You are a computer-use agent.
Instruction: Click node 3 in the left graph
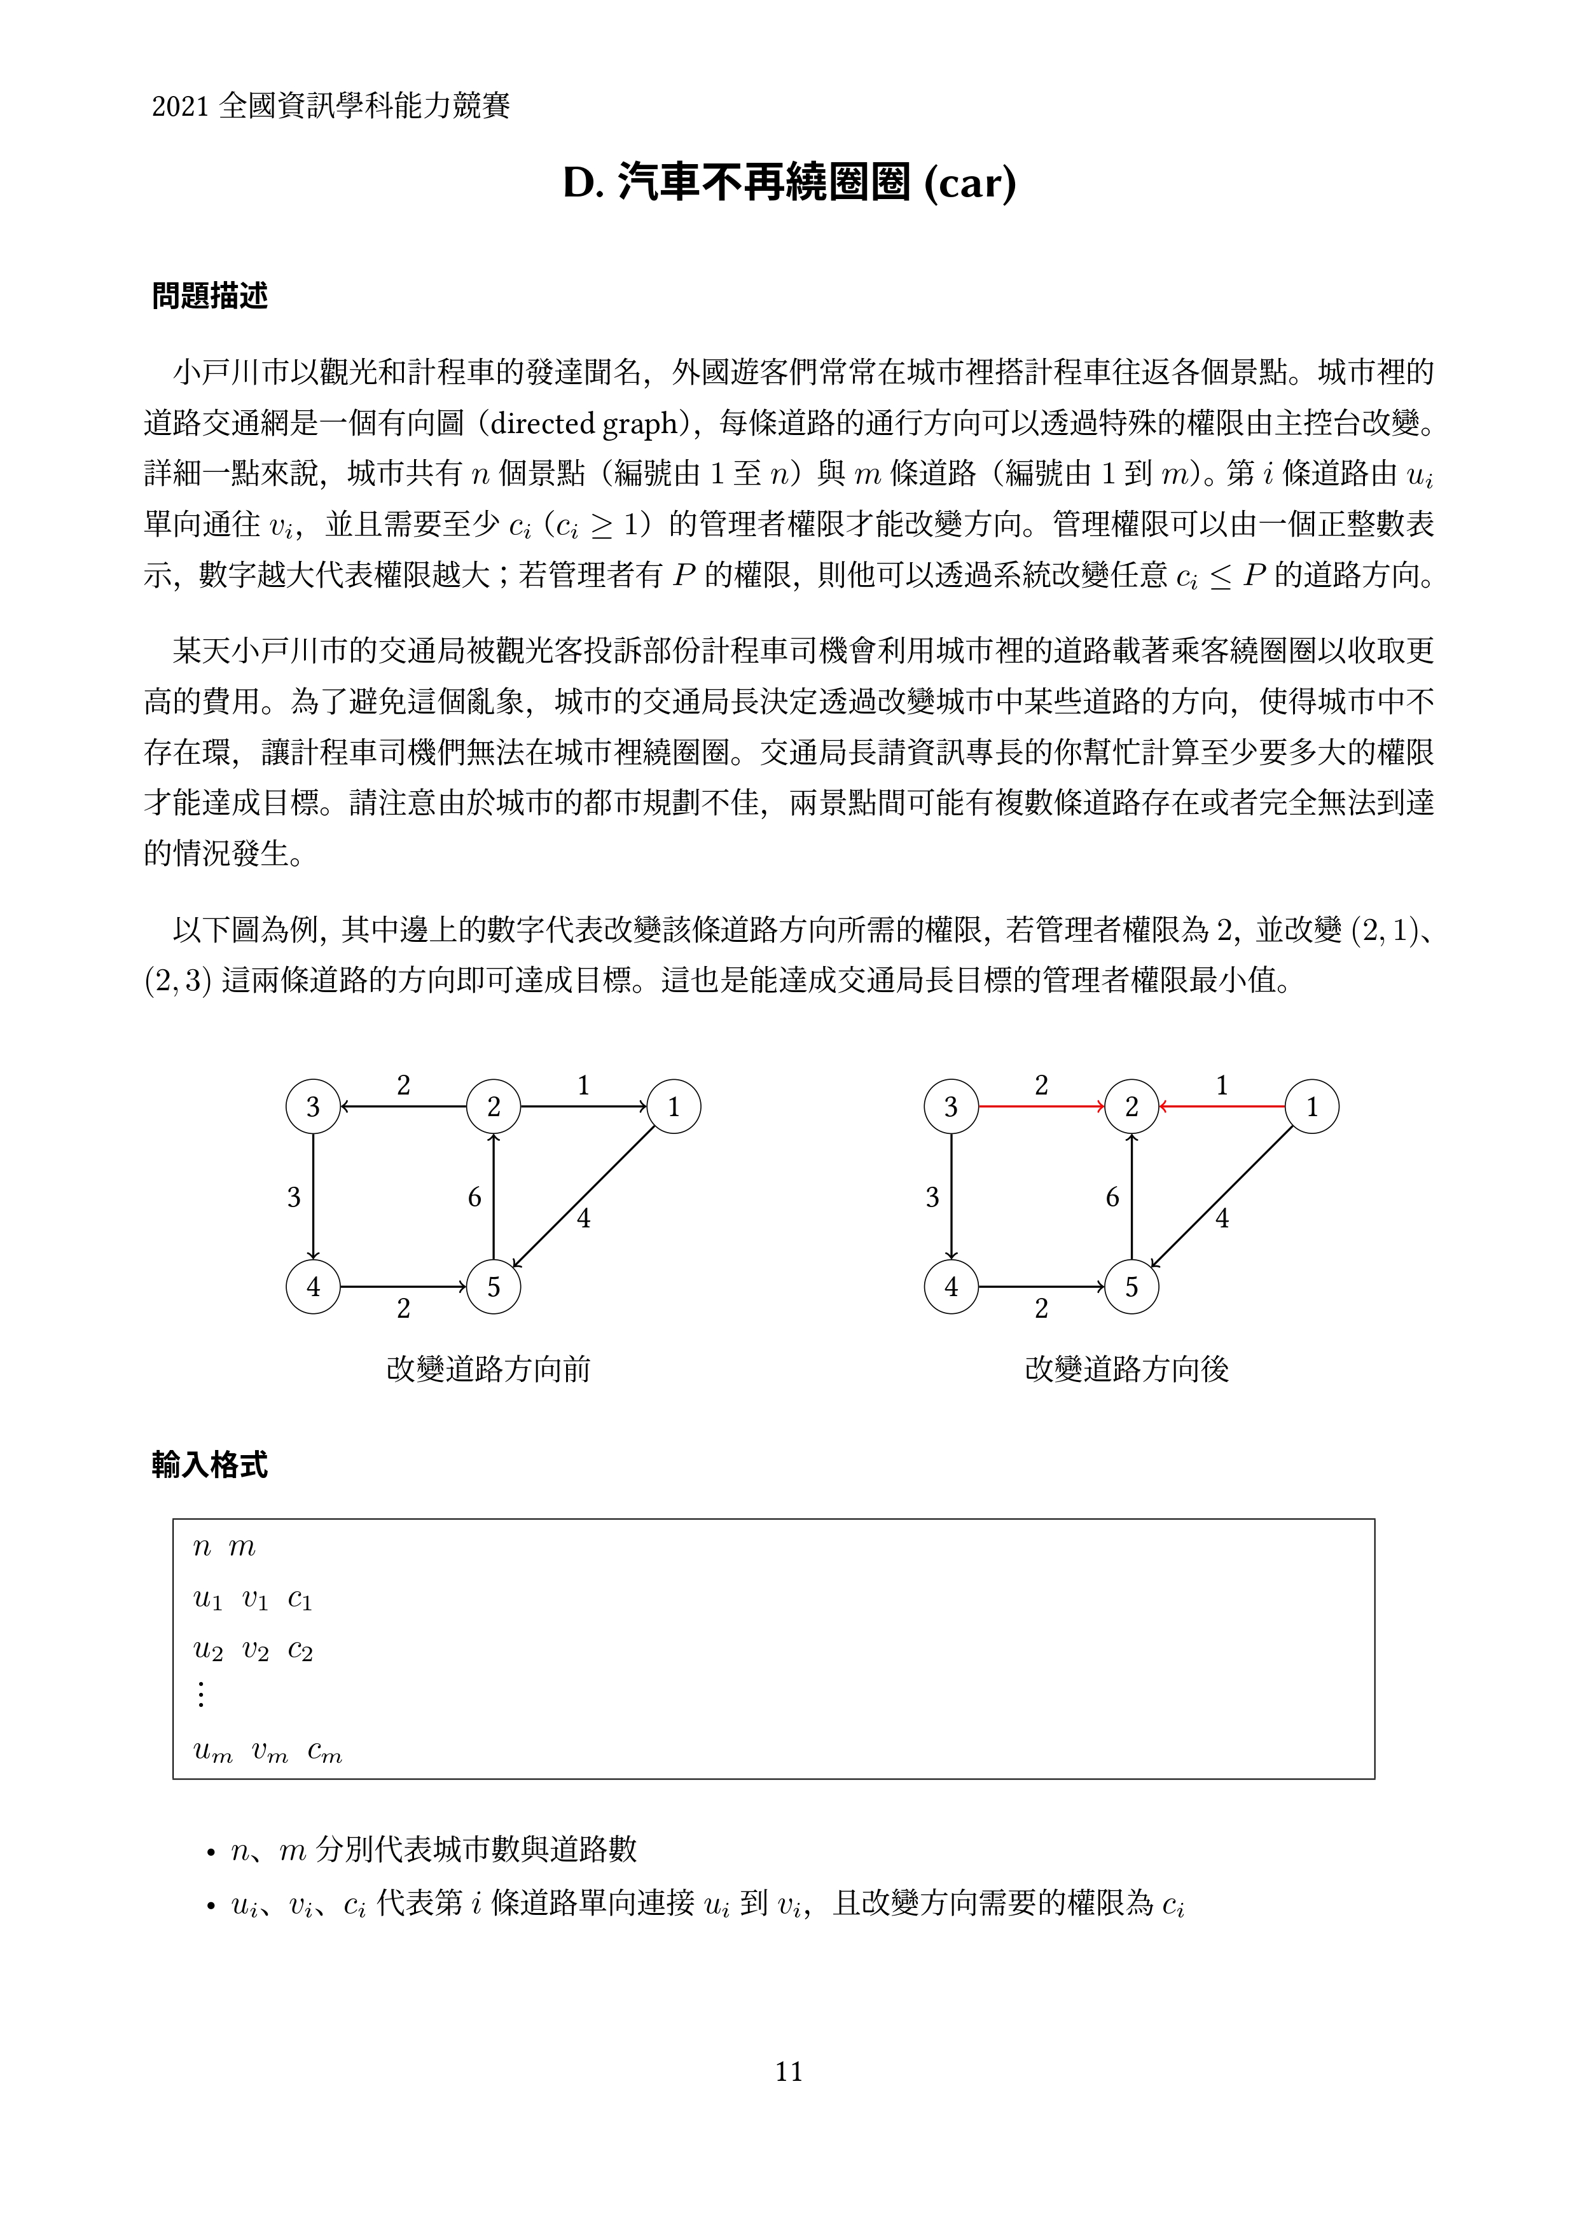[313, 1107]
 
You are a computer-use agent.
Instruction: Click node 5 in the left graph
[494, 1287]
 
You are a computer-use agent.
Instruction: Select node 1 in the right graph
[1312, 1107]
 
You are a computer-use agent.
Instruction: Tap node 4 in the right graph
[952, 1287]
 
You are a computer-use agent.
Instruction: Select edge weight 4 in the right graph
[1222, 1219]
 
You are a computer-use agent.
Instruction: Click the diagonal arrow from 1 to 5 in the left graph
[583, 1197]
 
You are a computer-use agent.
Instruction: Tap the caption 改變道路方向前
[488, 1369]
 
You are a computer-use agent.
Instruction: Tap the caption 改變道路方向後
[1126, 1369]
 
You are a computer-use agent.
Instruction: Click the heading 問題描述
[210, 295]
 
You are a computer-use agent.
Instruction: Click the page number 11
[789, 2071]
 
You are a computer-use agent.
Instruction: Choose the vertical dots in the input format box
[201, 1695]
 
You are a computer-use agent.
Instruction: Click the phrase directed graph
[583, 424]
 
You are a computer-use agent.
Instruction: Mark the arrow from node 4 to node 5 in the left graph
[403, 1287]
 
